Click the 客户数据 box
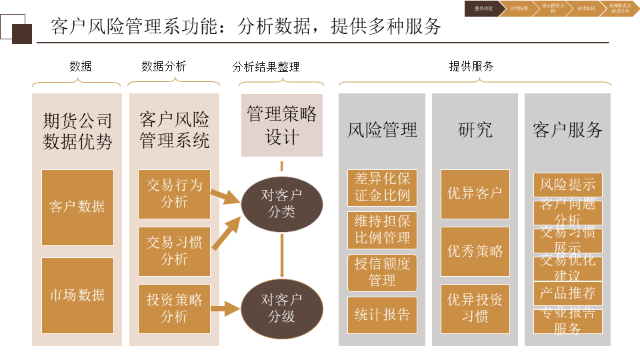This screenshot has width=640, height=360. [x=77, y=207]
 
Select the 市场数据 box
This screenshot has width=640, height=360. [x=77, y=295]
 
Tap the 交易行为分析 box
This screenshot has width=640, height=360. [x=174, y=194]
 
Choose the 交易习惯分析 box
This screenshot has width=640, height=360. [x=174, y=251]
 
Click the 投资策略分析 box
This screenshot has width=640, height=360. [x=174, y=308]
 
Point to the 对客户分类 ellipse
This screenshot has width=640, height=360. [x=281, y=204]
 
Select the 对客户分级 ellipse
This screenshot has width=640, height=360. [x=281, y=309]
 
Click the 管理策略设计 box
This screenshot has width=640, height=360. [x=281, y=125]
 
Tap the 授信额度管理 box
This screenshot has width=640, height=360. [x=382, y=273]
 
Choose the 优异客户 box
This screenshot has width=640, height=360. [x=475, y=194]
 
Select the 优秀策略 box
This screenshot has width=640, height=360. [x=475, y=251]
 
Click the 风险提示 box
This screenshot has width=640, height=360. [x=567, y=185]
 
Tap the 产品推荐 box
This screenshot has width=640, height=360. [x=567, y=293]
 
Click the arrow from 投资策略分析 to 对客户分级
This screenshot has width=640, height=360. [x=225, y=309]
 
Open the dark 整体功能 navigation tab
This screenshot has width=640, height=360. [x=484, y=9]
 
